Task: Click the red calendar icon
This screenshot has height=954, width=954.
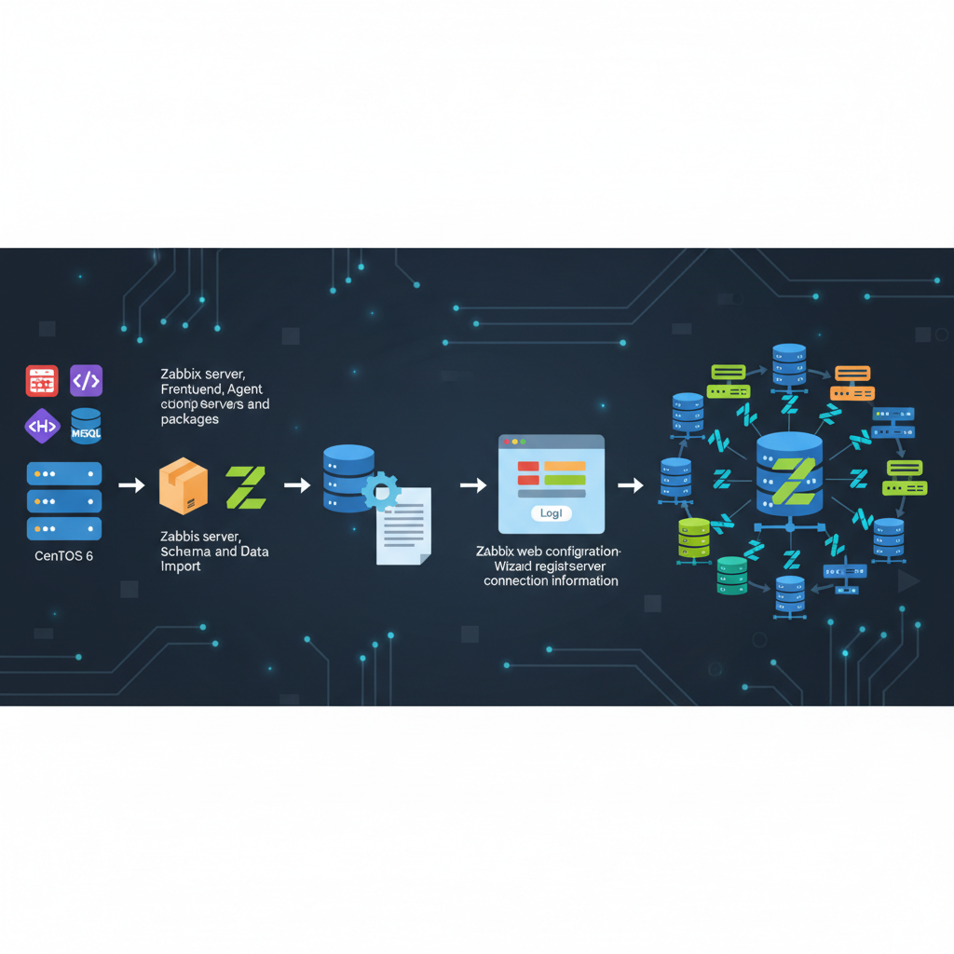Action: [42, 380]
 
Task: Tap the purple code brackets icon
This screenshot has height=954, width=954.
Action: [87, 380]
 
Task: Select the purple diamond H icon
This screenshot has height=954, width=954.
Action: [42, 426]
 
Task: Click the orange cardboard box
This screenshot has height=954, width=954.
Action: [184, 485]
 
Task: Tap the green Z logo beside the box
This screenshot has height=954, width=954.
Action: [246, 487]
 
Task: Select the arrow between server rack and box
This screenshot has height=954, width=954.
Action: [132, 485]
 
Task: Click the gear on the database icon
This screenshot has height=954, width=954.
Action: [380, 490]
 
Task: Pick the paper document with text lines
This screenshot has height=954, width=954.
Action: [403, 526]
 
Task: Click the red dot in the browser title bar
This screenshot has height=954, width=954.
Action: [506, 441]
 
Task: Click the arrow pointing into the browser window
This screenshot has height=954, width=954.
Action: [473, 485]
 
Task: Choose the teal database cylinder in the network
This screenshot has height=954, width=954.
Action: [732, 575]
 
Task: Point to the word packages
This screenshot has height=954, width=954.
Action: [189, 419]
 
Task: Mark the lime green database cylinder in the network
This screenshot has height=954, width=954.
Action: [694, 538]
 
